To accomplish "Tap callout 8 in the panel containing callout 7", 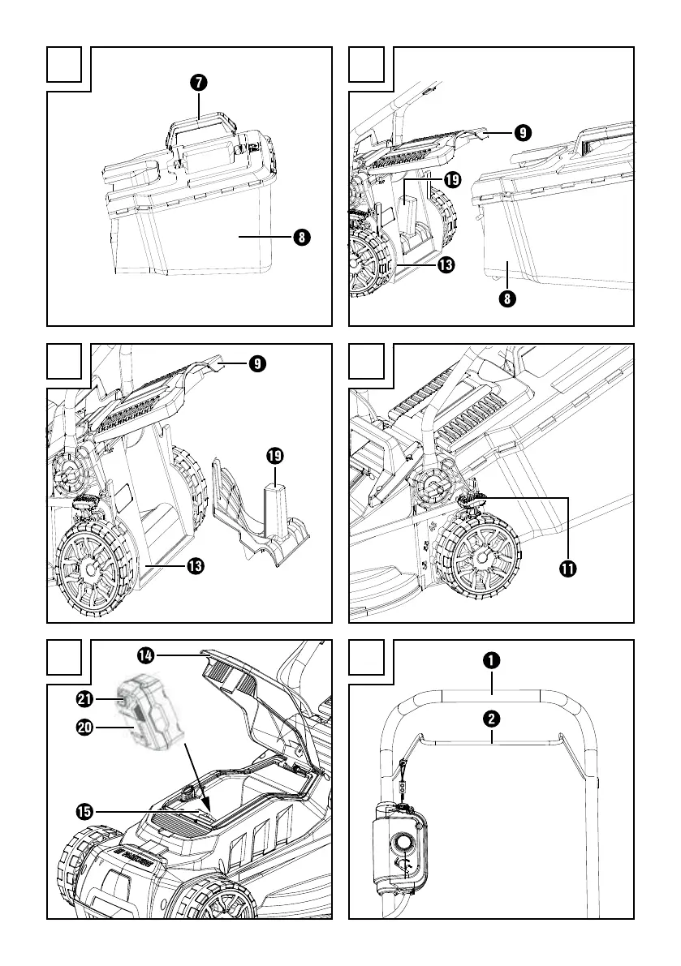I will tap(300, 238).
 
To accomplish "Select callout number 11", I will tap(567, 569).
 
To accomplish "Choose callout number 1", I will tap(492, 660).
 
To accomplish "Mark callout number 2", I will tap(492, 719).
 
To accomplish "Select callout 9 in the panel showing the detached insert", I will tap(256, 364).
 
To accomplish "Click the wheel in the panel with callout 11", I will tap(479, 560).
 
